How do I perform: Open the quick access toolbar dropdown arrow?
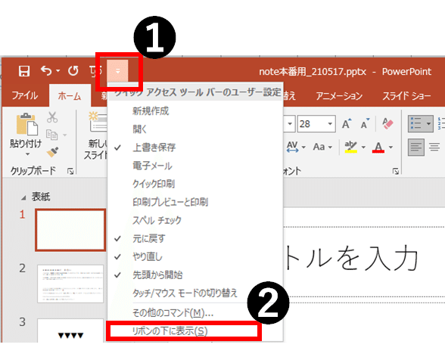click(x=118, y=73)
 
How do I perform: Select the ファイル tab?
click(x=25, y=96)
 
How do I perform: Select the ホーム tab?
click(x=70, y=96)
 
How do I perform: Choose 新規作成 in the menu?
click(x=151, y=111)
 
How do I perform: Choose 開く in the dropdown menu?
click(x=141, y=129)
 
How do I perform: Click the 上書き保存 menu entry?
click(x=154, y=147)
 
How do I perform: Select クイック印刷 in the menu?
click(x=154, y=183)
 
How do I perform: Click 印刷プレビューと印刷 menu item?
click(x=170, y=202)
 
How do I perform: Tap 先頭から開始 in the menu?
click(x=157, y=275)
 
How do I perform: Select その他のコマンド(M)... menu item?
click(x=173, y=312)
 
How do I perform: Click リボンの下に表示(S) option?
click(x=170, y=331)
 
